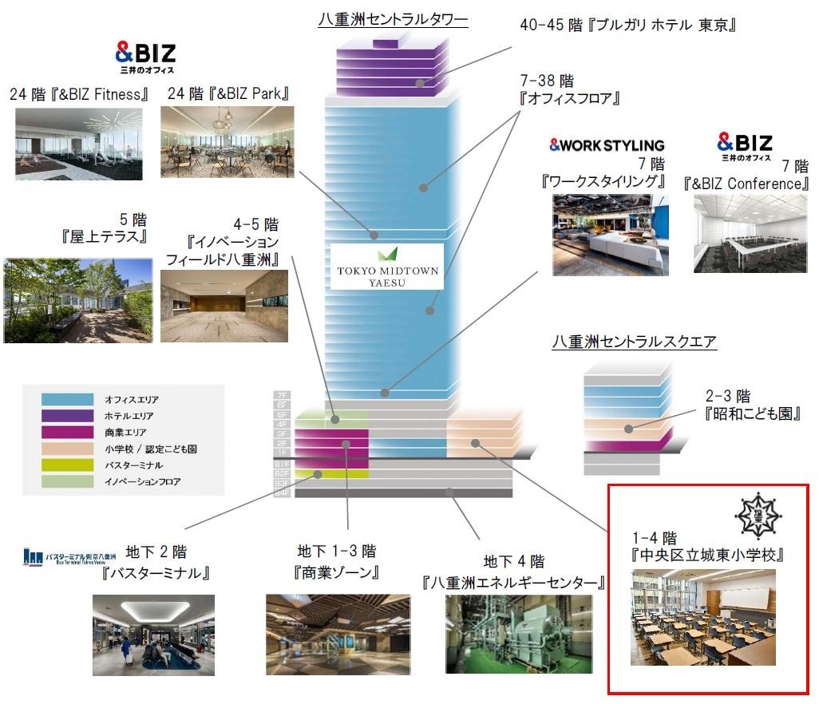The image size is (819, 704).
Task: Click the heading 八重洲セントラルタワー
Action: point(393,20)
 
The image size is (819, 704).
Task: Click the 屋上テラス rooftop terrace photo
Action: point(77,301)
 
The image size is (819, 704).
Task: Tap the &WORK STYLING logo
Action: point(607,145)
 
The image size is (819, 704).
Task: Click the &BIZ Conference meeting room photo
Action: point(750,233)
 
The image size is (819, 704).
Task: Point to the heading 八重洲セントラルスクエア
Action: point(635,342)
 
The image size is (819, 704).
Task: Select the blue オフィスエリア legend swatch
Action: point(69,399)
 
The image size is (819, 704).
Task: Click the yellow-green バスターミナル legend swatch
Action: point(69,465)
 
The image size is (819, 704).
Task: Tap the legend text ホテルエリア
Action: point(129,416)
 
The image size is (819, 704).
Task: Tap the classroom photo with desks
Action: point(702,618)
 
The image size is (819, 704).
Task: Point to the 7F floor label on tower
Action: point(281,395)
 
